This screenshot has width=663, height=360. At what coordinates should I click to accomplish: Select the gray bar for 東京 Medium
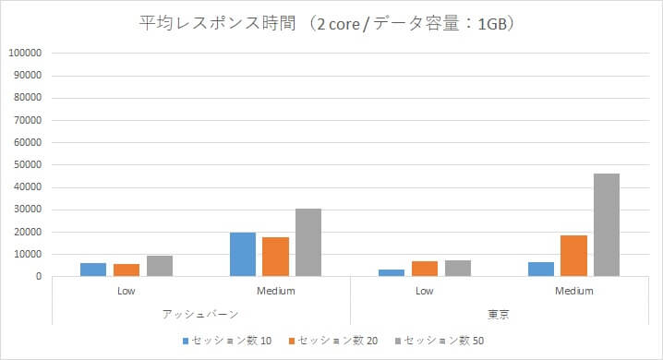coord(607,225)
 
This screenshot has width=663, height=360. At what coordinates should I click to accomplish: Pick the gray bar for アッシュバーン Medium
coord(308,243)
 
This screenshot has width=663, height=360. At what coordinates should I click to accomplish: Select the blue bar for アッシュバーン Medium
coord(242,255)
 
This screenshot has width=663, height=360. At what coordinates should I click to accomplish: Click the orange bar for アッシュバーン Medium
coord(275,257)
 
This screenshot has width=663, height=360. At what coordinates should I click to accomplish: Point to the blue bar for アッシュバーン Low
coord(93,270)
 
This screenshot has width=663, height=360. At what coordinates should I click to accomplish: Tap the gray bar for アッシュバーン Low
coord(160,266)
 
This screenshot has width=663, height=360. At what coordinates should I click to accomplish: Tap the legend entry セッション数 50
coord(444,341)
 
